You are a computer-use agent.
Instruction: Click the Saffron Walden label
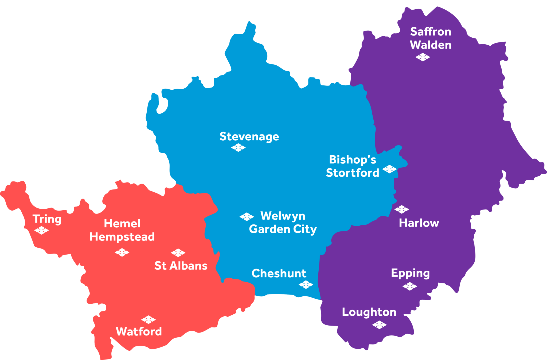[431, 38]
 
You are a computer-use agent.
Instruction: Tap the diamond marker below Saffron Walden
[423, 57]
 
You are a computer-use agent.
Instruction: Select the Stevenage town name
[249, 137]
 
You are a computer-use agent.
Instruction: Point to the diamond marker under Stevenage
[238, 148]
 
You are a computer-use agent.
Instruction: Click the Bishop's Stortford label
[353, 166]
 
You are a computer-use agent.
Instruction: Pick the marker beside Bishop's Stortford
[389, 169]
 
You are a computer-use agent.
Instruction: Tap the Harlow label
[419, 223]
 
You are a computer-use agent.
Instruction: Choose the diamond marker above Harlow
[401, 209]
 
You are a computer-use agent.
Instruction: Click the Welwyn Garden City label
[283, 222]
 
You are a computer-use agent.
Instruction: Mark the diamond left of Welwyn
[247, 217]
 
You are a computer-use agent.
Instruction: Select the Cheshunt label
[279, 273]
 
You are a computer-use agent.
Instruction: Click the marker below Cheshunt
[306, 285]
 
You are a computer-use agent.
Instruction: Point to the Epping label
[410, 273]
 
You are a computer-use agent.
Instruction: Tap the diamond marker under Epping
[410, 287]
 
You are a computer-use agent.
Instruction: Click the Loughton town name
[369, 312]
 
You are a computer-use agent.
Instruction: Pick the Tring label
[47, 219]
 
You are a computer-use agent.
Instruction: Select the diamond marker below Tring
[42, 230]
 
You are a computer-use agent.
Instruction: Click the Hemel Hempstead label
[122, 230]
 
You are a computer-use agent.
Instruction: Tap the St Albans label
[181, 266]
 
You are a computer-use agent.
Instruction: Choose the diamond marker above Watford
[149, 319]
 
